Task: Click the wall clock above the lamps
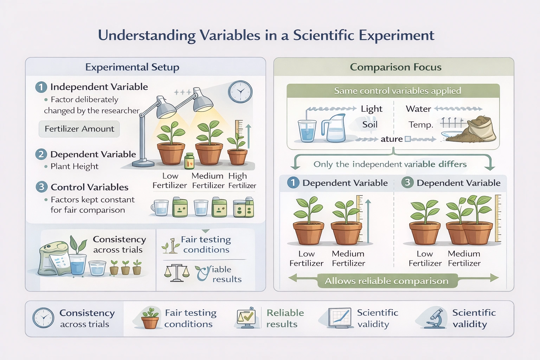240,92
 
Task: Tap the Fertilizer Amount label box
79,129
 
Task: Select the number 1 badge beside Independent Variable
41,87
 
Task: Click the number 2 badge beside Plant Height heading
41,154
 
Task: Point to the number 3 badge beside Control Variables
41,187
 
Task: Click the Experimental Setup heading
132,67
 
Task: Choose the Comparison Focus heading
396,67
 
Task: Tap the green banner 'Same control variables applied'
393,91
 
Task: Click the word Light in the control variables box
371,109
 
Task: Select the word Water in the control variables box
418,109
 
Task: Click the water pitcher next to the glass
334,128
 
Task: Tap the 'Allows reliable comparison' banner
387,281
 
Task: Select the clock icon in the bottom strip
43,318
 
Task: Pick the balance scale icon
177,273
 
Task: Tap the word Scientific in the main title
323,36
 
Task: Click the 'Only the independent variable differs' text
390,164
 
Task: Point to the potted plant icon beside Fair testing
150,318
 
